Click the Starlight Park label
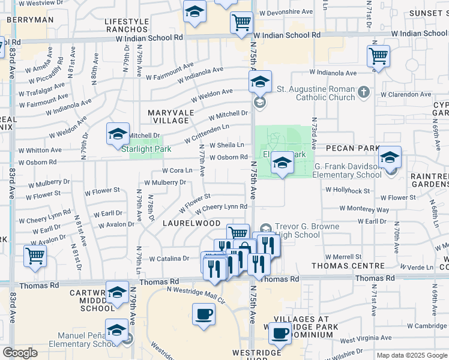pyautogui.click(x=146, y=149)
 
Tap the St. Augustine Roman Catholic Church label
pyautogui.click(x=316, y=93)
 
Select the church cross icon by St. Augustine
pyautogui.click(x=363, y=92)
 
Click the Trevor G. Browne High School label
pyautogui.click(x=307, y=231)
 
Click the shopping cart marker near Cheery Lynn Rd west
pyautogui.click(x=35, y=256)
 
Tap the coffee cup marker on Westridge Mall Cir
pyautogui.click(x=203, y=314)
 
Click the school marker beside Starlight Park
pyautogui.click(x=118, y=134)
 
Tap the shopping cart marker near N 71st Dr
pyautogui.click(x=378, y=56)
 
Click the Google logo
pyautogui.click(x=20, y=353)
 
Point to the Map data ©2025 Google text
pyautogui.click(x=412, y=355)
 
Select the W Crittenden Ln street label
pyautogui.click(x=206, y=134)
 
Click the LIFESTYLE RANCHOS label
pyautogui.click(x=127, y=25)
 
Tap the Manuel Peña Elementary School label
pyautogui.click(x=88, y=340)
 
